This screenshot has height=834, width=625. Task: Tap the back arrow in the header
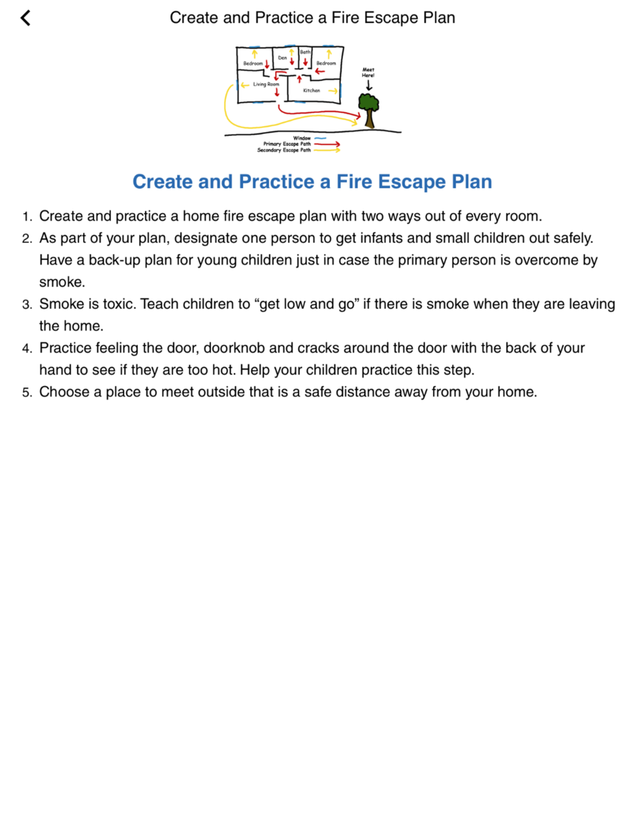click(x=26, y=18)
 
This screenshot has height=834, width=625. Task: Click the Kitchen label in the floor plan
click(x=311, y=91)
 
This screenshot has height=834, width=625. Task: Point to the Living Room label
click(x=266, y=84)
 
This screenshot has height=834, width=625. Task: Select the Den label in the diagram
click(x=282, y=58)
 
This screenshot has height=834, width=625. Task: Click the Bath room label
click(x=305, y=52)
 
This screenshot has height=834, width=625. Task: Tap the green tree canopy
click(x=368, y=102)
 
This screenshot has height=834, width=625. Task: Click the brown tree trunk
click(x=369, y=119)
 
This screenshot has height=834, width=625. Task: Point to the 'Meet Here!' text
click(x=368, y=73)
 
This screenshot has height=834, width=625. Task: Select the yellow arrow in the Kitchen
click(x=332, y=91)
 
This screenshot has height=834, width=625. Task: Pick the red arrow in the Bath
click(x=305, y=61)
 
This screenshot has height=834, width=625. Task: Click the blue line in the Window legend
click(x=320, y=138)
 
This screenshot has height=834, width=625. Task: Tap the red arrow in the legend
click(x=327, y=144)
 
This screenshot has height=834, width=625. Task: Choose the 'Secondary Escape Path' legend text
click(x=284, y=150)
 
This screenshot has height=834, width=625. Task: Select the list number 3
click(x=27, y=304)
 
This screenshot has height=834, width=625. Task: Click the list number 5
click(x=27, y=393)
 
